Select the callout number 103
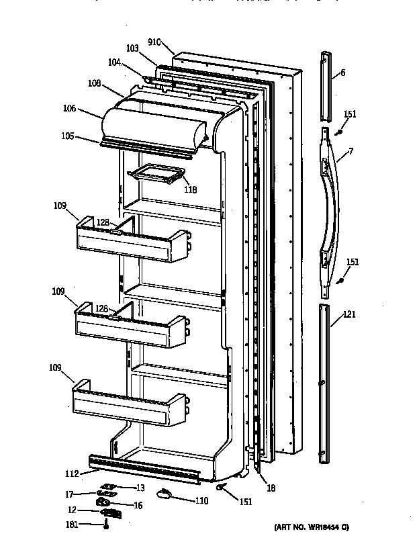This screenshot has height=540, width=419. tap(132, 49)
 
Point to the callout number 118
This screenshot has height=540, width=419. tap(191, 190)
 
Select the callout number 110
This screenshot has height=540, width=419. tap(202, 500)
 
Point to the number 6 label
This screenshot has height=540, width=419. tap(342, 73)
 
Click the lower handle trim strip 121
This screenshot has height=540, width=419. tap(324, 383)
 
